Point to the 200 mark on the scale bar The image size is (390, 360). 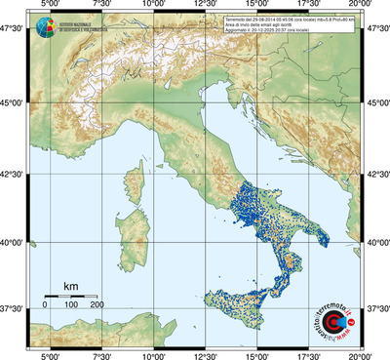pyautogui.click(x=96, y=305)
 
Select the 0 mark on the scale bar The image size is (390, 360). pyautogui.click(x=45, y=305)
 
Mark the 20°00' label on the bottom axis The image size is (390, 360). pyautogui.click(x=360, y=354)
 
